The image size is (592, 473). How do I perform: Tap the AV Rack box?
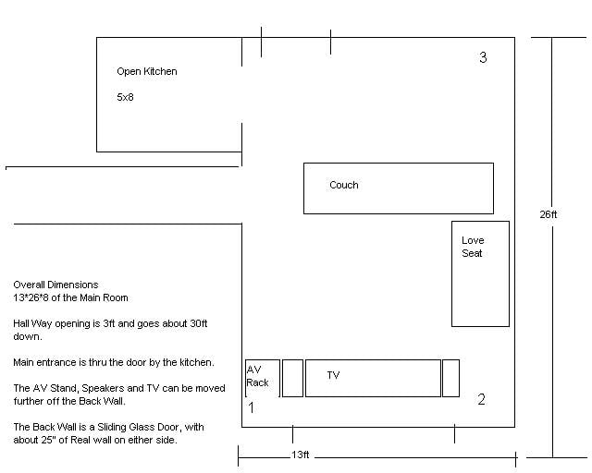[x=262, y=378]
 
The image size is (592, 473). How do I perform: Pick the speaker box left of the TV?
[x=292, y=379]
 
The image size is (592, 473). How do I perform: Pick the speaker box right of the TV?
[x=450, y=379]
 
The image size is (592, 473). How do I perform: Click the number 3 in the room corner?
[x=483, y=58]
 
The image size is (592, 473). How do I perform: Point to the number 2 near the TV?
[x=481, y=400]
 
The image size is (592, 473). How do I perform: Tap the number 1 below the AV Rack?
[x=251, y=406]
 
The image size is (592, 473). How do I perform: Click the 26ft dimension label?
[x=549, y=214]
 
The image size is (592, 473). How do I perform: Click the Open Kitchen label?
[x=147, y=71]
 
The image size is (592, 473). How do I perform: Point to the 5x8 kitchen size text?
[x=125, y=96]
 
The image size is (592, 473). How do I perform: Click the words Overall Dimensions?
[x=55, y=285]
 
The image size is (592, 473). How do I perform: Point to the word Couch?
[x=344, y=186]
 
